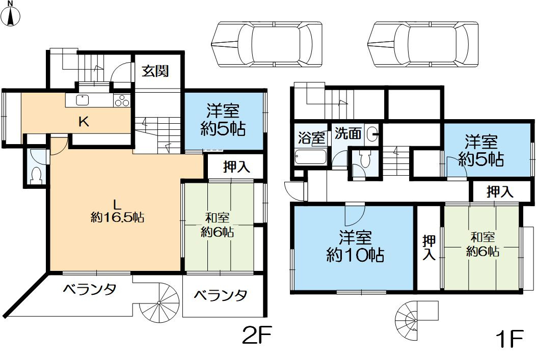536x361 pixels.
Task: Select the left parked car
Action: (267, 44)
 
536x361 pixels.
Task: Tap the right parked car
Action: (424, 44)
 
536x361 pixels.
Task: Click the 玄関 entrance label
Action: (155, 71)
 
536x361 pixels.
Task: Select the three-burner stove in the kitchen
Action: (122, 101)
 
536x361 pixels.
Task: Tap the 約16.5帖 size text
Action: (117, 218)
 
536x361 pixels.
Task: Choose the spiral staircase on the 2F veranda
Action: (159, 303)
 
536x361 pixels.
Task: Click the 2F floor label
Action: (257, 337)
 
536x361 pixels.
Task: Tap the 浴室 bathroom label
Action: (311, 137)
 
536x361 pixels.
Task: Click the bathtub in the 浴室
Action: (311, 156)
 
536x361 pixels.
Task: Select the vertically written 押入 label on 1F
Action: (429, 247)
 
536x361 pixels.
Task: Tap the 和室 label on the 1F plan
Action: (482, 237)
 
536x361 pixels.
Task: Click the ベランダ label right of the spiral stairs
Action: (221, 295)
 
